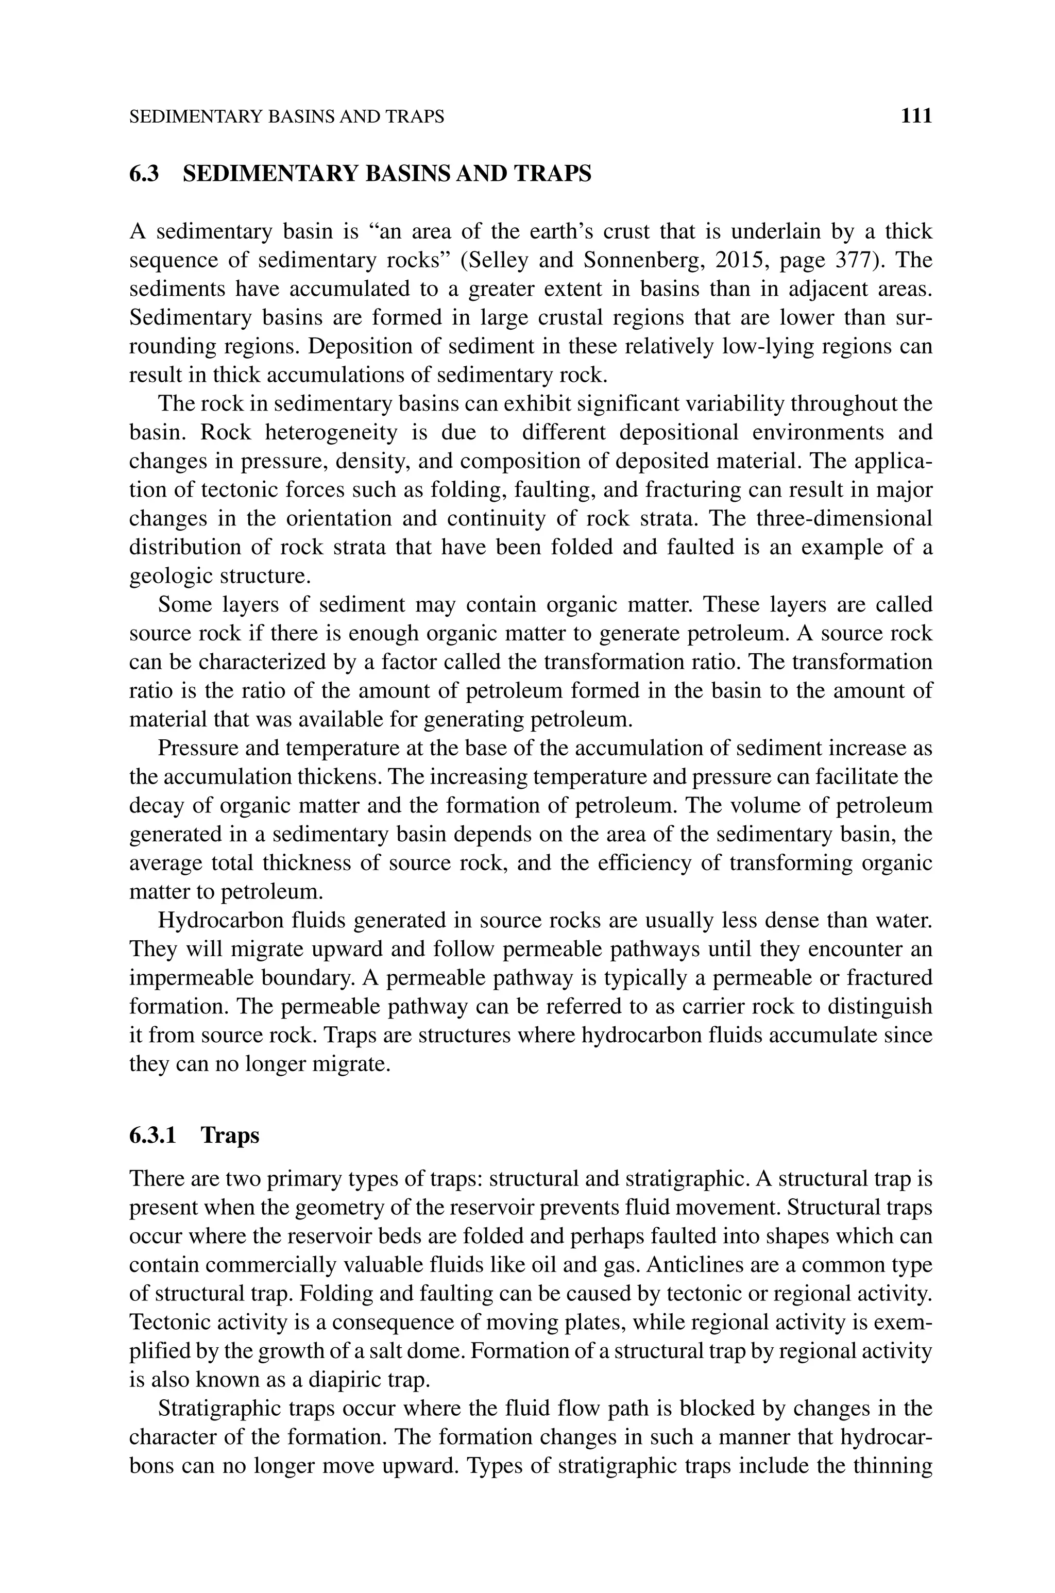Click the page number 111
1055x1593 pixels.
tap(916, 116)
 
